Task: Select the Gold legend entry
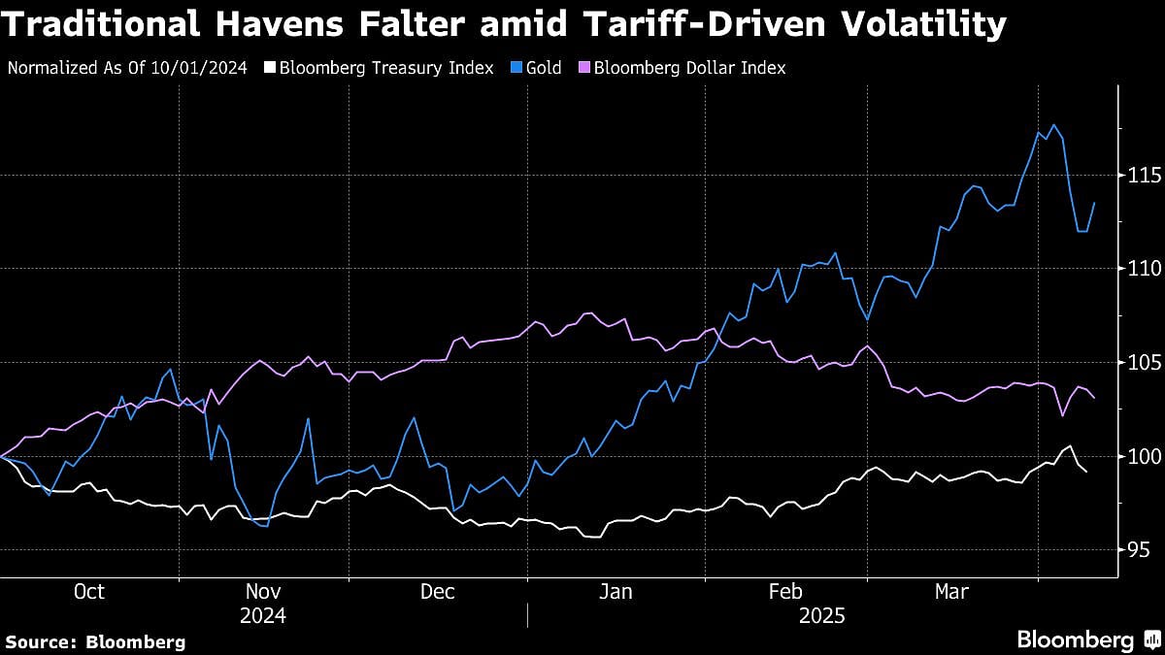coord(543,68)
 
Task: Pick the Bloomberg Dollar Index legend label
coord(689,68)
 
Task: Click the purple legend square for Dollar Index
coord(583,68)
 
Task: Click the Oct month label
coord(88,592)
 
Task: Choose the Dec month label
coord(439,592)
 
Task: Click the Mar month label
coord(950,592)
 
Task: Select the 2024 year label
coord(263,615)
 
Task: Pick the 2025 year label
coord(821,615)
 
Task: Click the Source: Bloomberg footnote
coord(95,641)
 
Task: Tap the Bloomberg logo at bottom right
coord(1087,639)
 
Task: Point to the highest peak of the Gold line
coord(1054,125)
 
